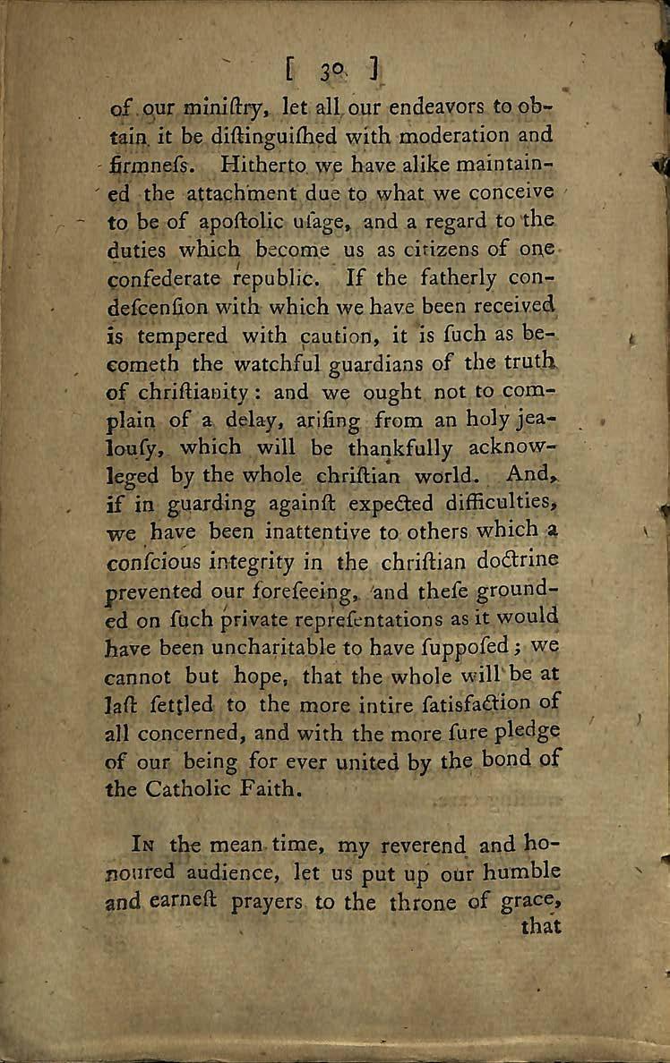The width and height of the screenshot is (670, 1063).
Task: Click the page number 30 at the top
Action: click(332, 70)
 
